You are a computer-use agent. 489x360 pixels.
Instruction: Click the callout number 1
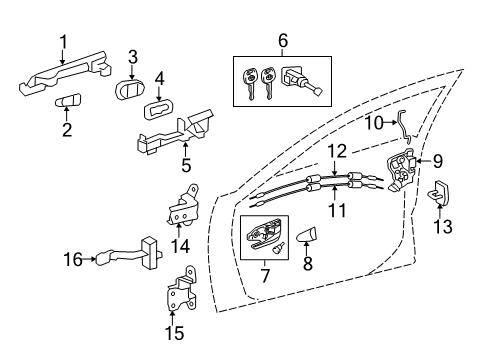pyautogui.click(x=62, y=41)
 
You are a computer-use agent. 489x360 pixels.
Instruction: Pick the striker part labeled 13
pyautogui.click(x=443, y=195)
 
